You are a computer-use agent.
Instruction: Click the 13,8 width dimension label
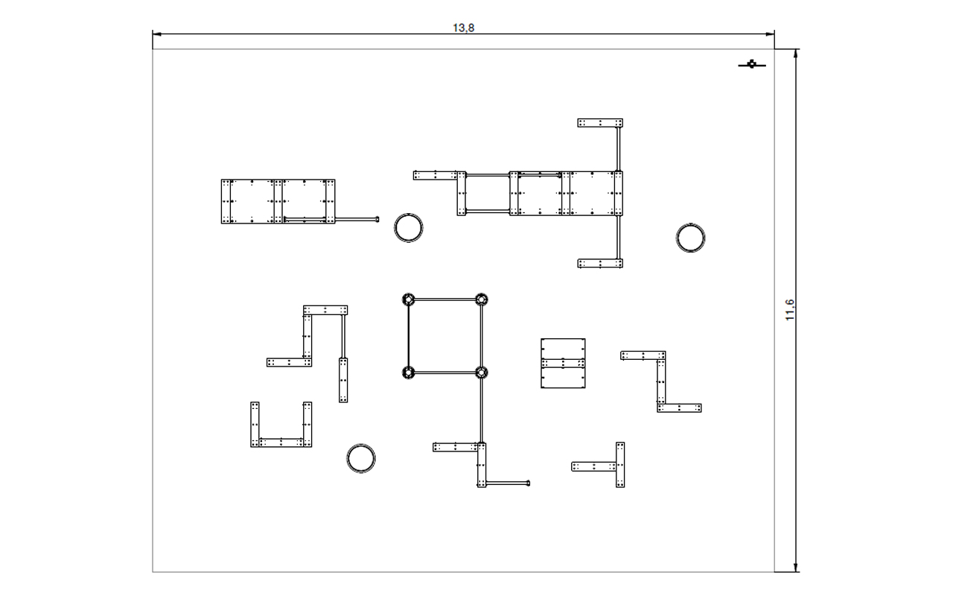point(463,28)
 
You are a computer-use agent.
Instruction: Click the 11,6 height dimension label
point(790,310)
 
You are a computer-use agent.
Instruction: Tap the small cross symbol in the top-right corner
point(752,65)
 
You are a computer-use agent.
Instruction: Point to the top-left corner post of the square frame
point(409,299)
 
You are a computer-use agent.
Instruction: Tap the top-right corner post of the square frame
point(481,299)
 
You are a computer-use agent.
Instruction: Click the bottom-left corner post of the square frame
point(409,372)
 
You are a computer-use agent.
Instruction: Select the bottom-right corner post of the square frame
point(481,372)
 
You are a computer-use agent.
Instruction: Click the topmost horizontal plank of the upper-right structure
point(600,123)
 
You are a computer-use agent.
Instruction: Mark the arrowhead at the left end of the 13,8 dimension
point(156,34)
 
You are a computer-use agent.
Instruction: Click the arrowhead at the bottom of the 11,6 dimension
point(796,568)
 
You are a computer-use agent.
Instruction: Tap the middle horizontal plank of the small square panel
point(563,363)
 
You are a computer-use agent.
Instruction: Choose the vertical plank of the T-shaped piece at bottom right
point(620,464)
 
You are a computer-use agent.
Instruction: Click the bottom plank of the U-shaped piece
point(281,443)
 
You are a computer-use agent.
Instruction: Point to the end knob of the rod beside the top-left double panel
point(377,219)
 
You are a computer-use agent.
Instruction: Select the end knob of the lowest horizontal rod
point(528,483)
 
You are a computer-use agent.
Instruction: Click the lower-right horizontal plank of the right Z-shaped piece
point(679,408)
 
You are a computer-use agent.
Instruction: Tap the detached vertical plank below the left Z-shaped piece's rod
point(343,380)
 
